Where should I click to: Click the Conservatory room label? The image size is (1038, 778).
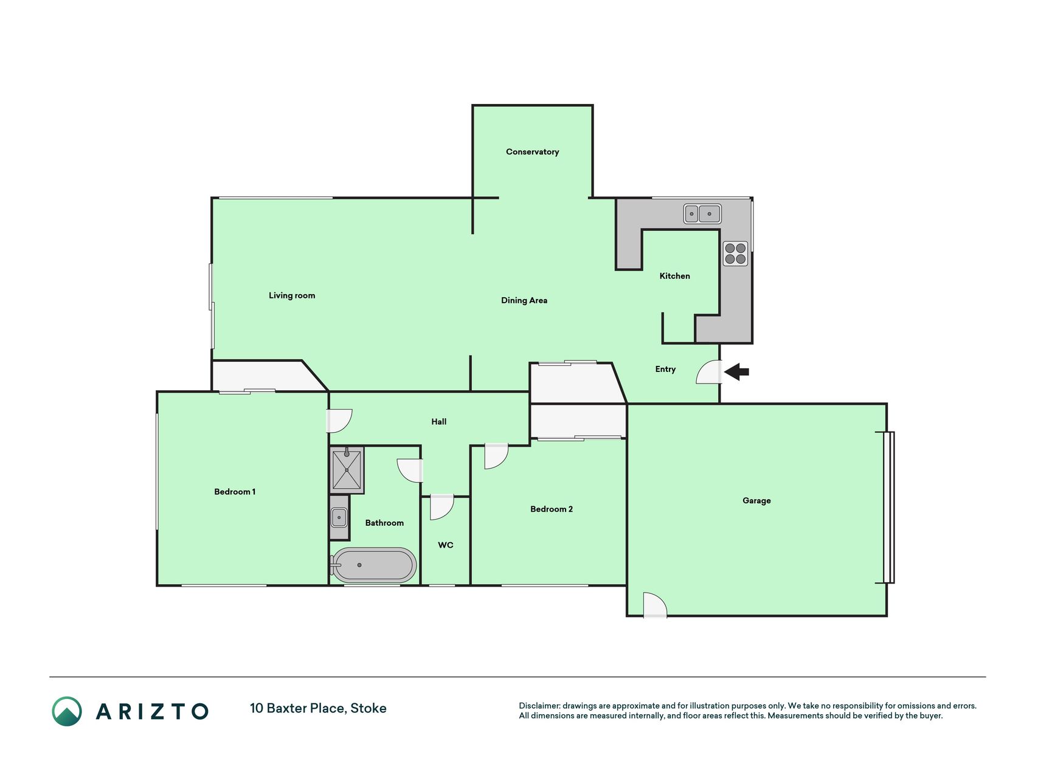[532, 152]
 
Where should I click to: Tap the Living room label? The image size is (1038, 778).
[292, 295]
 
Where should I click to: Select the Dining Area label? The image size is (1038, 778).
[524, 300]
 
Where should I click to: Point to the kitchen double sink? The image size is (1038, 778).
[702, 214]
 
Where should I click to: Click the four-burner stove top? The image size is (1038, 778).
[735, 253]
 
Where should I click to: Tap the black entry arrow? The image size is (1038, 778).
[736, 371]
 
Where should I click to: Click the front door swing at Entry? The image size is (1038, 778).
[709, 372]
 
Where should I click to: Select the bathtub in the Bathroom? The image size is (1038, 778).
[373, 565]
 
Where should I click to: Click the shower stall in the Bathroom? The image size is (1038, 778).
[347, 469]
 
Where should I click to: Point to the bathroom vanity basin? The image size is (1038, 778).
[339, 517]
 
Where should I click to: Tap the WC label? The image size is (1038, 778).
[446, 545]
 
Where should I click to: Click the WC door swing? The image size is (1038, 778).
[441, 508]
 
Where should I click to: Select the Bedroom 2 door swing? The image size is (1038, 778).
[496, 456]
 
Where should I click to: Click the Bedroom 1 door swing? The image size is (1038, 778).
[340, 421]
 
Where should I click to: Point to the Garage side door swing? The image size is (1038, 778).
[655, 605]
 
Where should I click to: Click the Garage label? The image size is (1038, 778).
[756, 501]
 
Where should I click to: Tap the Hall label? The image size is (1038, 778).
[439, 422]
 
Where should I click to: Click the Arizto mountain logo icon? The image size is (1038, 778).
[67, 711]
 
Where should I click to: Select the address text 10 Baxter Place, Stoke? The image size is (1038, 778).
[318, 708]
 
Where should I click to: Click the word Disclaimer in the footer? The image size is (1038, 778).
[539, 706]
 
